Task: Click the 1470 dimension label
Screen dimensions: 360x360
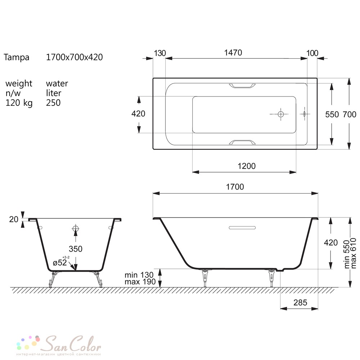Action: tap(233, 53)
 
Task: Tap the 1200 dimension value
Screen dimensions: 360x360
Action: tap(247, 166)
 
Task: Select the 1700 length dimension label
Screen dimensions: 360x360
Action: tap(235, 187)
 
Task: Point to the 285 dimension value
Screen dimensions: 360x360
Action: tap(300, 303)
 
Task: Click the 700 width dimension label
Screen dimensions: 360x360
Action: tap(350, 114)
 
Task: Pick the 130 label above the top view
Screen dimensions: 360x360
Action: tap(160, 53)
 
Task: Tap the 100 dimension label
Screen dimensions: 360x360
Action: tap(312, 53)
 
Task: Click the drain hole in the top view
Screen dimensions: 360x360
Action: tap(280, 114)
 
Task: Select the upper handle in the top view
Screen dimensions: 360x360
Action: tap(242, 86)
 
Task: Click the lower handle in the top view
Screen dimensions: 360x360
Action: tap(242, 142)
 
